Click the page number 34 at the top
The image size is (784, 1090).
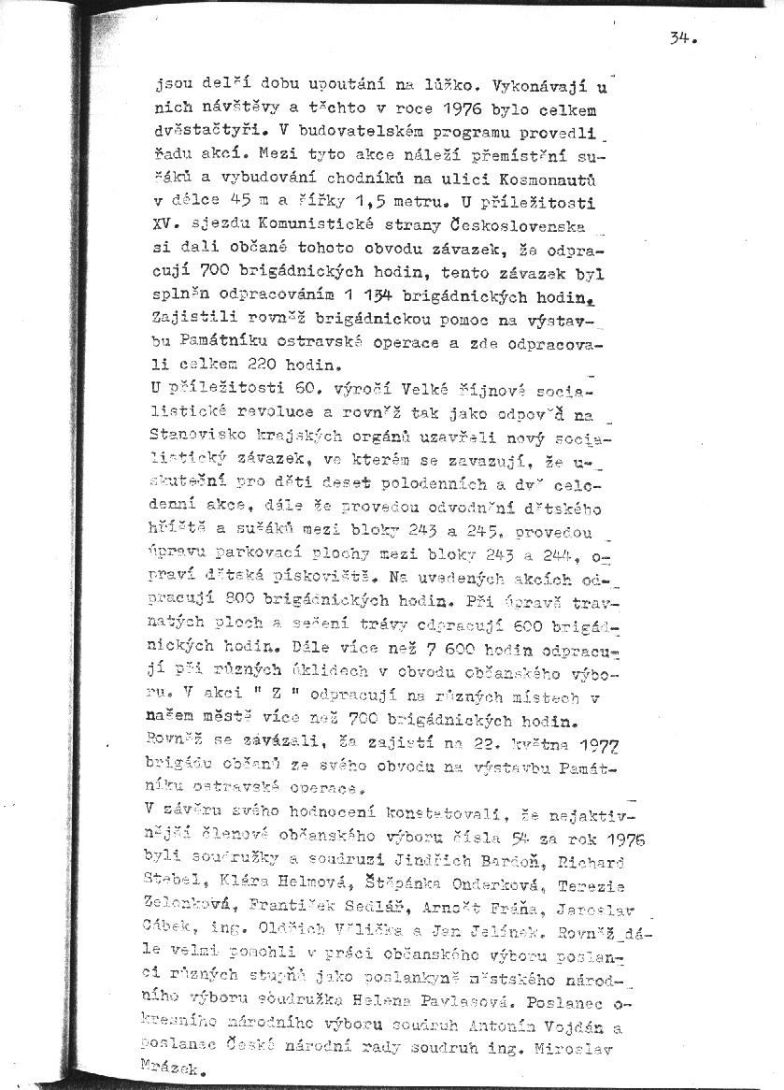(x=682, y=38)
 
